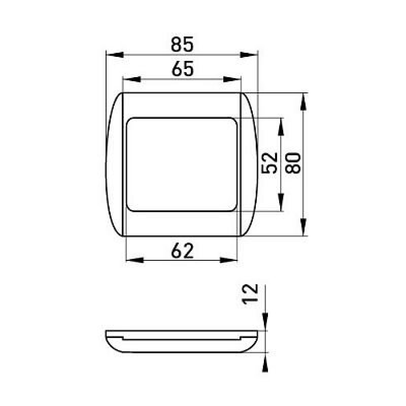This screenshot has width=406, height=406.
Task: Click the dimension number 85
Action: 182,44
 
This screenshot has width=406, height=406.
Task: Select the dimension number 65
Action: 183,69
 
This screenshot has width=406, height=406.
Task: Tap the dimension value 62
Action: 182,251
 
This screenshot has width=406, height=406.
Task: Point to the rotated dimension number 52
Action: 269,163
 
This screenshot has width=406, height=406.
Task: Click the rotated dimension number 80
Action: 293,163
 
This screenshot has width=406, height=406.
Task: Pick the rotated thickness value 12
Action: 250,294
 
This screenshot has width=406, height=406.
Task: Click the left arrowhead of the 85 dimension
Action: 115,55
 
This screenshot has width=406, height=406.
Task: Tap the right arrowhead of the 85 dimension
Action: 249,55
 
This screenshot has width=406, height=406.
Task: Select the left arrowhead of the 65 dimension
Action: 131,79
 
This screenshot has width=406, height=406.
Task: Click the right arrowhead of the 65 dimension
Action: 232,79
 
